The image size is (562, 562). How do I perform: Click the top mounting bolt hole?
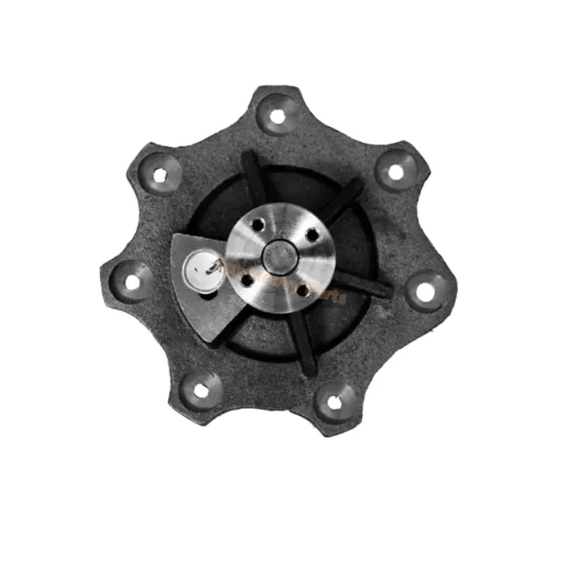(x=277, y=115)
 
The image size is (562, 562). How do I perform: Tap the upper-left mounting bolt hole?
(x=160, y=175)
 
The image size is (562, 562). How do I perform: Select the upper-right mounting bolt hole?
(x=396, y=171)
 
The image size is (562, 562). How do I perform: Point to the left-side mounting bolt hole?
(x=132, y=282)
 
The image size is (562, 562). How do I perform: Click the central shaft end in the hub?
(x=279, y=254)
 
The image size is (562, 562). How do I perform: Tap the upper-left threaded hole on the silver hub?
(x=258, y=225)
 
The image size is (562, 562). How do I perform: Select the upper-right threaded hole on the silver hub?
(x=311, y=234)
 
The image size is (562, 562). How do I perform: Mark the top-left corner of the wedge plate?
(x=176, y=237)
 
